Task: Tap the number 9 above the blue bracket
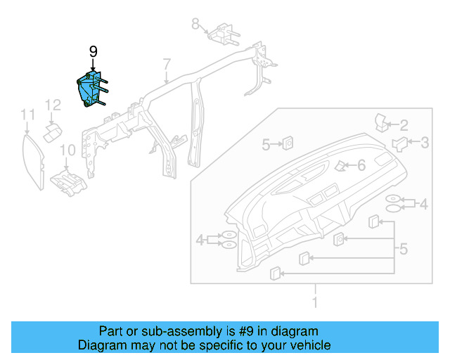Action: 94,52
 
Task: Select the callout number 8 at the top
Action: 195,24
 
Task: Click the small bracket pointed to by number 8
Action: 223,32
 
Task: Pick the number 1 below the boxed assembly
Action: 315,303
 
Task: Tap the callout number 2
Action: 404,125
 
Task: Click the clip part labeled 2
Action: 383,121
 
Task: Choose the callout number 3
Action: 425,143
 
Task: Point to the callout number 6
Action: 361,165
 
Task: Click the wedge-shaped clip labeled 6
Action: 341,166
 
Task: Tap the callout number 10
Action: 67,150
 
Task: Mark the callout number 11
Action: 27,114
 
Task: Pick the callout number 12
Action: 53,105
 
